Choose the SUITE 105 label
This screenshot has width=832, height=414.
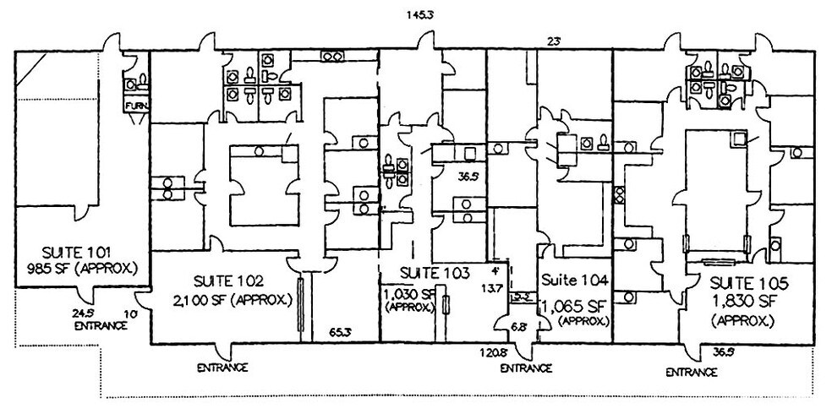[745, 281]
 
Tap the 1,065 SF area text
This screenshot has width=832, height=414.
[575, 304]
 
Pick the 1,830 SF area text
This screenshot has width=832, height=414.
[743, 300]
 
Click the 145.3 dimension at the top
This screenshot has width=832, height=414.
[420, 14]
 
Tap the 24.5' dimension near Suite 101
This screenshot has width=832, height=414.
[85, 312]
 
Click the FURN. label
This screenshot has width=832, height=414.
[135, 105]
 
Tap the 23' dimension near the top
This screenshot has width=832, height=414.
[555, 41]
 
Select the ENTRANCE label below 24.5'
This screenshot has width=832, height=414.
[94, 324]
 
